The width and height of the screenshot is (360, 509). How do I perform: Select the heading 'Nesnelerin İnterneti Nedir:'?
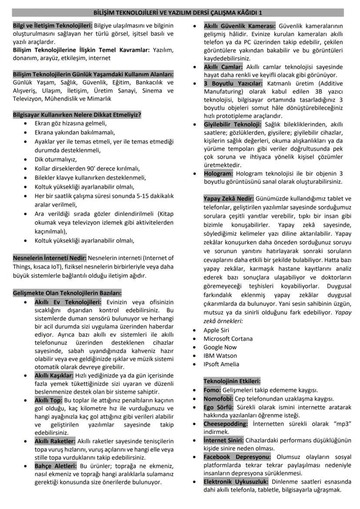(x=50, y=258)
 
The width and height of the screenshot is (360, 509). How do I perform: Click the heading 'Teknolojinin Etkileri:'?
(x=232, y=381)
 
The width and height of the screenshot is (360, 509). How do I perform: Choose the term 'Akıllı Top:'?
(x=49, y=400)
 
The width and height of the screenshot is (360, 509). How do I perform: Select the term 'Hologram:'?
(x=218, y=173)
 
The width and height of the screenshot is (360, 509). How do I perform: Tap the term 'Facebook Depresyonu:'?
(x=237, y=457)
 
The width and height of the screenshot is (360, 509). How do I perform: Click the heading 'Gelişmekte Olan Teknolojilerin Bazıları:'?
(x=67, y=293)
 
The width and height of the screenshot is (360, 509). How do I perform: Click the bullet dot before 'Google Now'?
(x=195, y=347)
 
